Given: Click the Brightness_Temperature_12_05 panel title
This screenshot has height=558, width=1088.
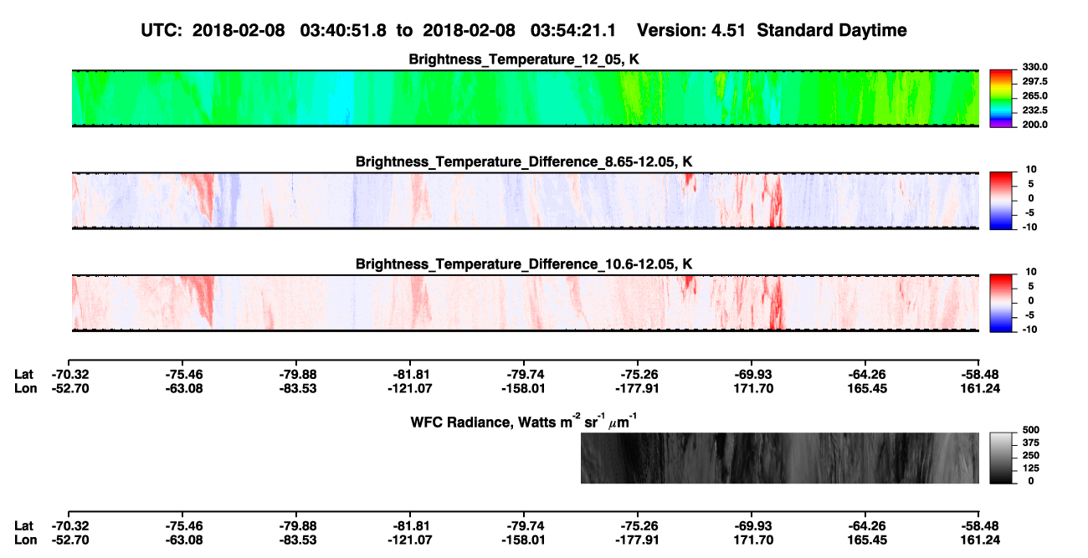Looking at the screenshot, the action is pos(524,59).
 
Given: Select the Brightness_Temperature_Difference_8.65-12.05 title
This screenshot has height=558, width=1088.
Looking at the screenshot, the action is pos(524,161).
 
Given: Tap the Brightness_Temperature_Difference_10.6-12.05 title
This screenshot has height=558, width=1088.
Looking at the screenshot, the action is pos(524,264).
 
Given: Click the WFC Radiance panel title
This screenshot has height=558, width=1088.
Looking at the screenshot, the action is pos(524,422).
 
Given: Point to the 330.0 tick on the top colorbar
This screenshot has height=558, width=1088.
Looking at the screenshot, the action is pos(1034,67).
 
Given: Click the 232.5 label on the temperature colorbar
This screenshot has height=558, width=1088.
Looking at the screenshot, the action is pos(1034,110).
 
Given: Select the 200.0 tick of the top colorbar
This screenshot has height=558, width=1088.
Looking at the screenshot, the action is pos(1034,125).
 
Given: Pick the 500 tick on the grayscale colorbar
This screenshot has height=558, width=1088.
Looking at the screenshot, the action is pos(1031,430).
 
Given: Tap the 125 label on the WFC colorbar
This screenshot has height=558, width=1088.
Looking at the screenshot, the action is pos(1031,468).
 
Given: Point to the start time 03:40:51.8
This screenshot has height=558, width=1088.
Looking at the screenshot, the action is pos(343,31).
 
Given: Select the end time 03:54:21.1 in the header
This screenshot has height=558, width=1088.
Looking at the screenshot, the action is pos(573,31).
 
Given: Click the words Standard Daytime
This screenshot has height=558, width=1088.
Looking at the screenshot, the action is pos(832,31).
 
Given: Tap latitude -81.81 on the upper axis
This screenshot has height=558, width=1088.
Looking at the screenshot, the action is pos(410,375).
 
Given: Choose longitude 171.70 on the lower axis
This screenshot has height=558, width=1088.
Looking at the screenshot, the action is pos(753,540).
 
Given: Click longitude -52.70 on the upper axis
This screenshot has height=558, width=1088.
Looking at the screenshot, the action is pos(70,388).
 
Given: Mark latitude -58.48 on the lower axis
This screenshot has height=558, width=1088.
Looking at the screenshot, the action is pos(980,526).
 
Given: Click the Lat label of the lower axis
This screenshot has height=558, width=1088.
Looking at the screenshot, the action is pos(23,526).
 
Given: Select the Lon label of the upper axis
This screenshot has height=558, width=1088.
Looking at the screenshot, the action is pos(25,388).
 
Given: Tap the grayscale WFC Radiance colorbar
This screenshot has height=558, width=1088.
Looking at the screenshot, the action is pos(1001,458).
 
